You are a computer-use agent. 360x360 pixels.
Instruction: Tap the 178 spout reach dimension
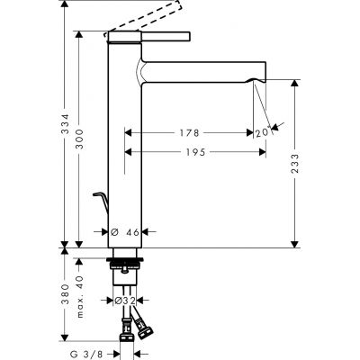tap(187, 133)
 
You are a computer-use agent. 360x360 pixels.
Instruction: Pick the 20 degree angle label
tap(263, 133)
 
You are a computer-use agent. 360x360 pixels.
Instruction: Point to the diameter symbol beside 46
tap(118, 232)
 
